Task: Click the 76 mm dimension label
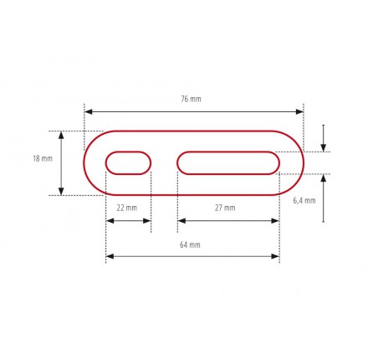191,99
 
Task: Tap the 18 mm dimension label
43,158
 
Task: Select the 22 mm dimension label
127,208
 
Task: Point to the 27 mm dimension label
225,208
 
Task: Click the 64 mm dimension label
190,244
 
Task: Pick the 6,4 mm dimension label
304,200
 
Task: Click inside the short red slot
128,163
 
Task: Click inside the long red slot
228,163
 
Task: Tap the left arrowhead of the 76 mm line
88,112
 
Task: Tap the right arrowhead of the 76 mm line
299,112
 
